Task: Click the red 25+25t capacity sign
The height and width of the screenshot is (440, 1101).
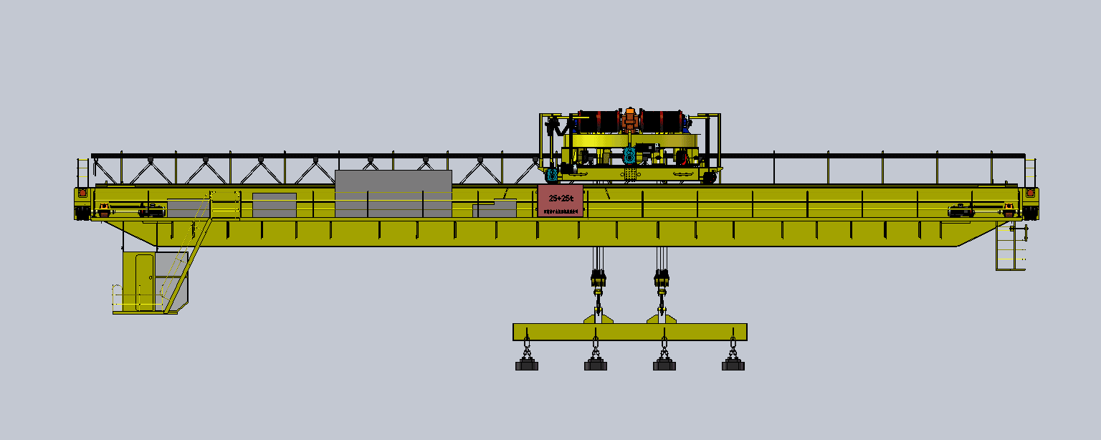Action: coord(560,201)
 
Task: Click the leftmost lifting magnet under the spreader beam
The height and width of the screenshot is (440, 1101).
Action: coord(527,365)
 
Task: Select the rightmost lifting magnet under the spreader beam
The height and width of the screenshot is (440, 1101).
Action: coord(733,365)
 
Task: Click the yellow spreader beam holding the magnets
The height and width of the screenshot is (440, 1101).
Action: coord(629,332)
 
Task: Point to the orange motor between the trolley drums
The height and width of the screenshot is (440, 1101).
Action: coord(629,118)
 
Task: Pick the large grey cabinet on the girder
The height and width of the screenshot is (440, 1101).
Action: coord(393,193)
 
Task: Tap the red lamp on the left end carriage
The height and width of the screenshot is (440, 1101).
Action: coord(82,192)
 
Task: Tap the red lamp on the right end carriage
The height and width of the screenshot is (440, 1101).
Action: coord(1031,192)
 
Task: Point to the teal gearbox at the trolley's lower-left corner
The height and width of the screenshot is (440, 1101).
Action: coord(552,174)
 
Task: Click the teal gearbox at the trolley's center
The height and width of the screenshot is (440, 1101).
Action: coord(629,154)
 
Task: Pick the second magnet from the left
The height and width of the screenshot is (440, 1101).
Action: coord(595,365)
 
